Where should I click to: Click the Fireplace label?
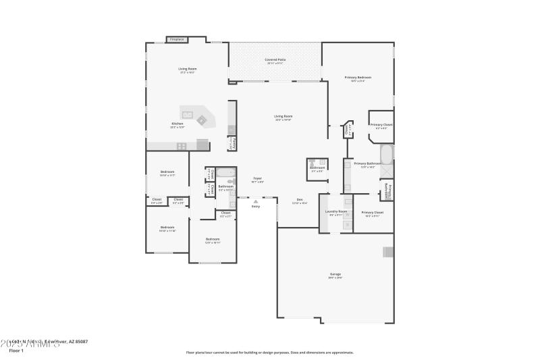[x=177, y=39]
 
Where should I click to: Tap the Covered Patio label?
[x=275, y=59]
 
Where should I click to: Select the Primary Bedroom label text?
[x=358, y=78]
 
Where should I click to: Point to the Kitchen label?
[x=177, y=124]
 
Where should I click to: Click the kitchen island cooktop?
[x=200, y=120]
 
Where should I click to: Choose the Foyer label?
[x=257, y=178]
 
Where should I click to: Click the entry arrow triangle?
[x=255, y=201]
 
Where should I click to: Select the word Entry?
[x=255, y=206]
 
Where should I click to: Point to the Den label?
[x=300, y=199]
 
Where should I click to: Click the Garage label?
[x=335, y=274]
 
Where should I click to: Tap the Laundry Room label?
[x=335, y=211]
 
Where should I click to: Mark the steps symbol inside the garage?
[x=388, y=252]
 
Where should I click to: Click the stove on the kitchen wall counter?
[x=202, y=143]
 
